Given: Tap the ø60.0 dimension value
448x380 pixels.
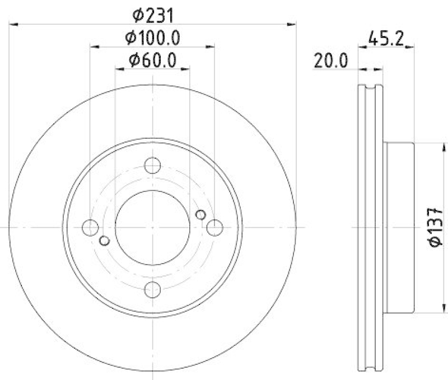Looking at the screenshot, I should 152,60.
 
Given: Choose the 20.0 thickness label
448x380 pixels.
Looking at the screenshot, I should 330,60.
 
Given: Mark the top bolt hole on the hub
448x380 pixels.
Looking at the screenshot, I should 152,166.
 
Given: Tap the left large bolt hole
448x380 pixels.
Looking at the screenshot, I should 90,227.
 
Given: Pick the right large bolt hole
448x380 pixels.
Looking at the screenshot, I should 214,227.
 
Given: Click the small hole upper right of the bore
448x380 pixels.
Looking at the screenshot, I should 200,214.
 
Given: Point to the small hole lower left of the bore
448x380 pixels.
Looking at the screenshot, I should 104,241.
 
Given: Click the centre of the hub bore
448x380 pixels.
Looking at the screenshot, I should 152,227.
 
